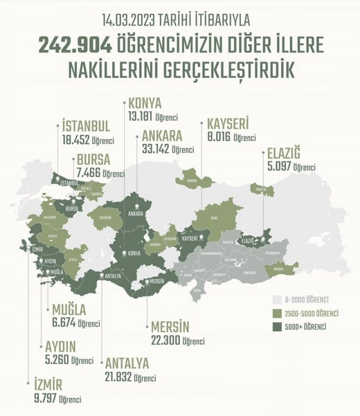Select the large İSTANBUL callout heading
point(86,126)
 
